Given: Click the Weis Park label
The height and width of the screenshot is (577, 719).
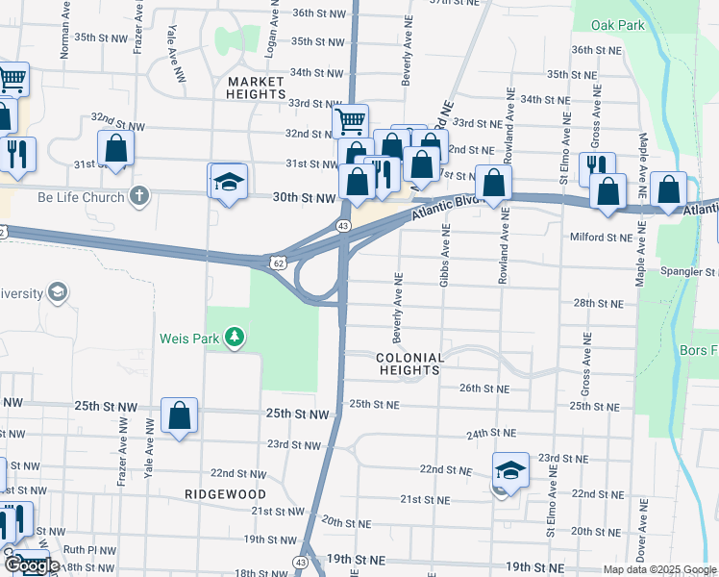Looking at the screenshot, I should point(189,338).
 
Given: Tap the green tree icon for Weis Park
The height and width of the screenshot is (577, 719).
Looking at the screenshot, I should point(234,337).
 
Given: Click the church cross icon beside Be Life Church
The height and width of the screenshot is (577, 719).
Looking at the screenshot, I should point(139,197).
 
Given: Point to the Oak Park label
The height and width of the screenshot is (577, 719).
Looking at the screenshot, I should point(619,25).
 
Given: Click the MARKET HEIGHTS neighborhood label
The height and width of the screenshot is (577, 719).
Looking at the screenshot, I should point(257,88).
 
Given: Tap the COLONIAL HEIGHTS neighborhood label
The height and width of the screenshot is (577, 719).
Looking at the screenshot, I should point(411,364).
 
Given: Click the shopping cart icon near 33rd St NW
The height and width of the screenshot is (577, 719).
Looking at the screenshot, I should point(351,120).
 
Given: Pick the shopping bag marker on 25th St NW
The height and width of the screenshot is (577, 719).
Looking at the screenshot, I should point(180,415).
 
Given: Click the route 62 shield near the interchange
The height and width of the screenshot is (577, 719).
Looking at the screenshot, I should point(278,261).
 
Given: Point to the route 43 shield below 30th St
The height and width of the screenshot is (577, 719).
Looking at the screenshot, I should point(342,225).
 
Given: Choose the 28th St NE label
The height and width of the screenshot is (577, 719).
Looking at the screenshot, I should point(598,303).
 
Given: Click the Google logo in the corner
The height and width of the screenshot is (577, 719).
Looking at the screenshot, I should point(33,564).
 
